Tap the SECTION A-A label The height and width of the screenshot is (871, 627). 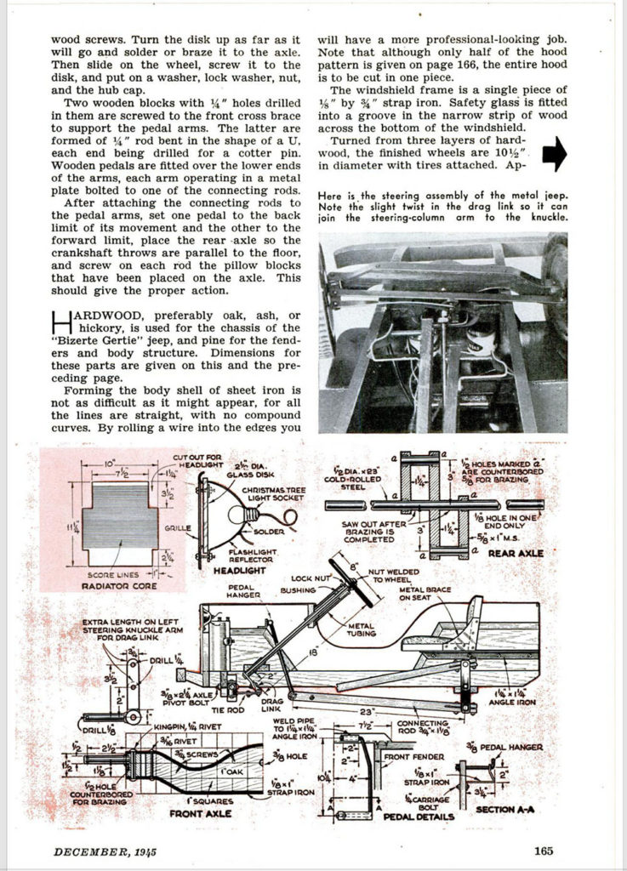pos(505,810)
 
